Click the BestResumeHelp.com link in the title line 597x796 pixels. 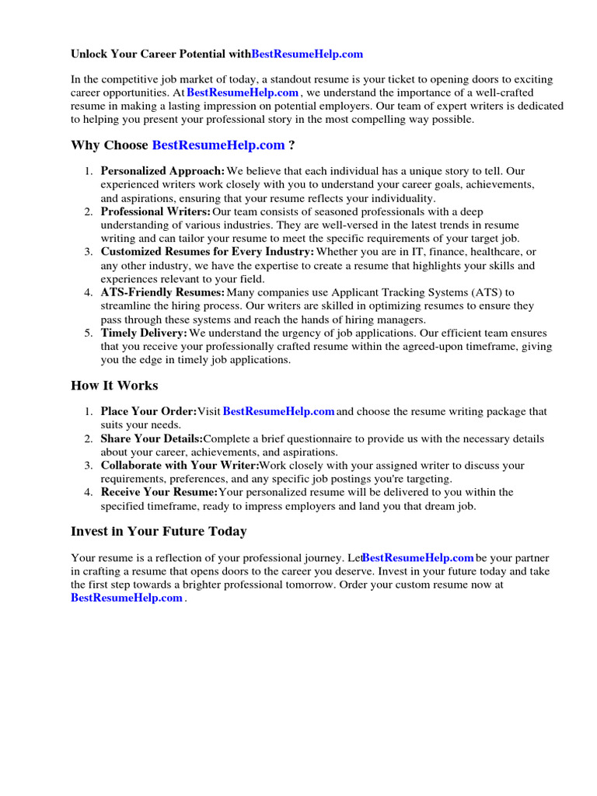(307, 54)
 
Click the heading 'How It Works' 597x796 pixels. (114, 386)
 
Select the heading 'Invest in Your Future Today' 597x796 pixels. (159, 532)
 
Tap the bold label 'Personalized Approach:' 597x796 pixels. (162, 171)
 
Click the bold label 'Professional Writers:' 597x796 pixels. (155, 211)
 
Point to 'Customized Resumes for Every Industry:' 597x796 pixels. (208, 252)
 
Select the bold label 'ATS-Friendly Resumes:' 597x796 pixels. (162, 292)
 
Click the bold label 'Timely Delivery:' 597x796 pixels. (144, 333)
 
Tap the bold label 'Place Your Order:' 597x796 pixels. (148, 411)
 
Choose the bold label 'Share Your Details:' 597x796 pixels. (152, 439)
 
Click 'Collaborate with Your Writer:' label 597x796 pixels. (180, 466)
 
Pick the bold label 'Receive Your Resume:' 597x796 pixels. (159, 492)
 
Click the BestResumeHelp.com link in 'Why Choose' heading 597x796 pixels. (218, 145)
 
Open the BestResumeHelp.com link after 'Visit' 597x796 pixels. (278, 411)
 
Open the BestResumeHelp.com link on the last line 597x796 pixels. (127, 598)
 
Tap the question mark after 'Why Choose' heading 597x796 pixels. (291, 145)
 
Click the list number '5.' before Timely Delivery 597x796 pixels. (89, 333)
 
